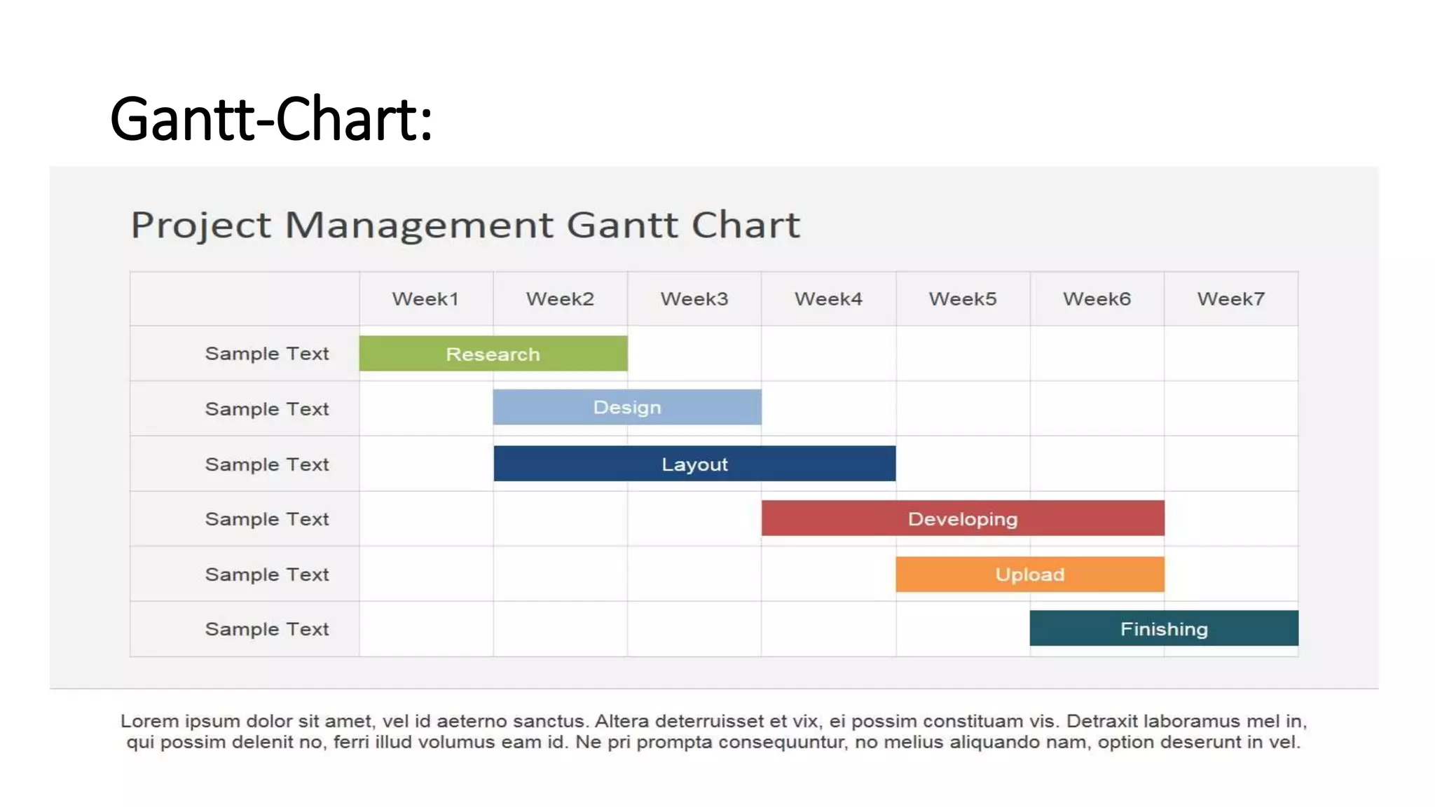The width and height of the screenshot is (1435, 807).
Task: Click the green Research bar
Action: click(493, 354)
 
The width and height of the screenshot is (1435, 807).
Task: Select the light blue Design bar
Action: click(627, 407)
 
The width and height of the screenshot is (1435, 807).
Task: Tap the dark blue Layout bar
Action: click(694, 464)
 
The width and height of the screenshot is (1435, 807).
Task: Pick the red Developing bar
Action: click(963, 518)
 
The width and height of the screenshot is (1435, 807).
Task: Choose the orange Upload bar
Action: click(1030, 574)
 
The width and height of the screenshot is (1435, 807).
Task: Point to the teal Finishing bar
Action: click(1164, 628)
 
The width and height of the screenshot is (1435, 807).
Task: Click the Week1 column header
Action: click(425, 299)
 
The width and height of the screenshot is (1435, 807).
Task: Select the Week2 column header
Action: click(560, 299)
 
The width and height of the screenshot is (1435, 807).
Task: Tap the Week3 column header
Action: click(694, 299)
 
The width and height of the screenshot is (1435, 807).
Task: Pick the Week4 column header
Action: click(828, 299)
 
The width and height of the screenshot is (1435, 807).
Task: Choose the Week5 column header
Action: click(963, 299)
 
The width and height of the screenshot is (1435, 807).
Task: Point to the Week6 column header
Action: click(1097, 299)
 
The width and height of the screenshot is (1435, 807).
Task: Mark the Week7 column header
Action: click(1231, 299)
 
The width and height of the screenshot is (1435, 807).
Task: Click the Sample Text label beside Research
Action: click(266, 354)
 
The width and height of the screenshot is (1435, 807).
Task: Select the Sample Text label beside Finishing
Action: click(266, 629)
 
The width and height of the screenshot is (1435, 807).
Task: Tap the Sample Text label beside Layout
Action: click(266, 464)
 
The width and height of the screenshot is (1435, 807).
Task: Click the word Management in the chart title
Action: click(418, 226)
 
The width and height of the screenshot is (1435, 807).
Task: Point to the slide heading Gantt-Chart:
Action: click(271, 119)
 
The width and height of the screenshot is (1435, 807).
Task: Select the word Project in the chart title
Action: click(200, 226)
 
